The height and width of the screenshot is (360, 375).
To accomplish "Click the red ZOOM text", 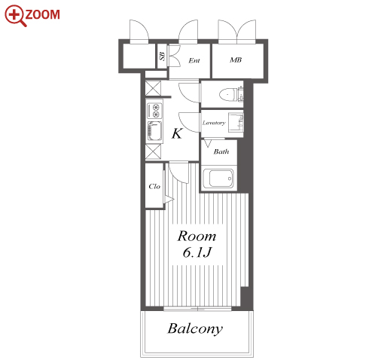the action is click(42, 14).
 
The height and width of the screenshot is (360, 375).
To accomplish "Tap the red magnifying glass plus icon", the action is click(15, 15).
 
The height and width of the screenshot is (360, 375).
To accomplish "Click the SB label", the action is click(163, 56).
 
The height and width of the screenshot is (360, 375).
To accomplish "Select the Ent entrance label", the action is click(194, 60).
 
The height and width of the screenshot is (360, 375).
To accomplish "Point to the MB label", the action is click(236, 59).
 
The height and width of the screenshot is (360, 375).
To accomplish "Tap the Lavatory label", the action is click(214, 123).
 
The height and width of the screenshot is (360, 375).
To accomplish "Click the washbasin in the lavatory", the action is click(236, 122).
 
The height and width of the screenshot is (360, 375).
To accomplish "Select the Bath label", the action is click(221, 151).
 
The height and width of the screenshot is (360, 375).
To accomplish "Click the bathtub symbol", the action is click(218, 178).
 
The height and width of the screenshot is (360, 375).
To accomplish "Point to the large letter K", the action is click(177, 133).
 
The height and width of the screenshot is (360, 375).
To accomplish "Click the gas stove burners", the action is click(154, 111).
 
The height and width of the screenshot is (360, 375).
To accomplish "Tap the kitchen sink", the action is click(154, 131).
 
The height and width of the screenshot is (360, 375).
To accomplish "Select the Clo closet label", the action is click(154, 186).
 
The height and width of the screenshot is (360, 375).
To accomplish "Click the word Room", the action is click(197, 236).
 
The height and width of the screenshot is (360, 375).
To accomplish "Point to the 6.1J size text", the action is click(197, 252).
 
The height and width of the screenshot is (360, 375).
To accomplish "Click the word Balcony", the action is click(195, 328).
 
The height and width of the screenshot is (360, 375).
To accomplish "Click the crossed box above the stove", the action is click(153, 88).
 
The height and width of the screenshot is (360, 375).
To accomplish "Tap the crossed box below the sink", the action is click(153, 151).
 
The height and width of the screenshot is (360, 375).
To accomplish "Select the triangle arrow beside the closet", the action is click(169, 200).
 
